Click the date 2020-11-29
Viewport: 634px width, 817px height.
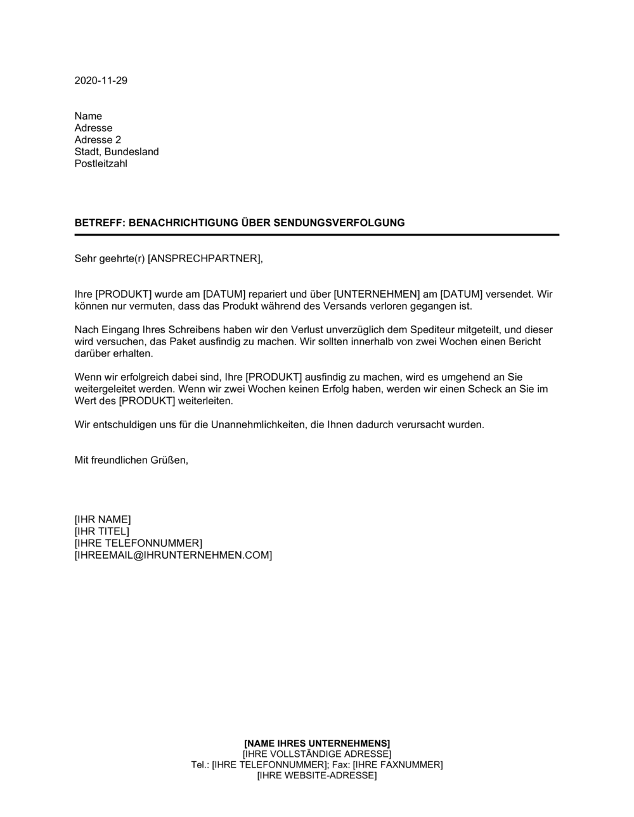pyautogui.click(x=101, y=80)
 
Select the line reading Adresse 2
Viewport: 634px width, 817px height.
pyautogui.click(x=98, y=140)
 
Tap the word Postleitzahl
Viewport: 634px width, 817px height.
pyautogui.click(x=101, y=164)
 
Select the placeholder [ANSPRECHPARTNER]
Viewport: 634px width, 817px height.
pyautogui.click(x=204, y=258)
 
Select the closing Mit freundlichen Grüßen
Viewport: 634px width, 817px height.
pyautogui.click(x=131, y=460)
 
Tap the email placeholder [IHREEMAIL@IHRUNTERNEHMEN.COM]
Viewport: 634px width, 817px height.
pyautogui.click(x=173, y=555)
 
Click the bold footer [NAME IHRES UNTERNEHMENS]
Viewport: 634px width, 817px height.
pyautogui.click(x=317, y=743)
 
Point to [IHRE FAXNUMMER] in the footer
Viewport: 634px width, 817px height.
pyautogui.click(x=398, y=765)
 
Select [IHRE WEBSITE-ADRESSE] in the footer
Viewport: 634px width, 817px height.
pyautogui.click(x=317, y=776)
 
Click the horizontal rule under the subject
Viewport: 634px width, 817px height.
pyautogui.click(x=317, y=235)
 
